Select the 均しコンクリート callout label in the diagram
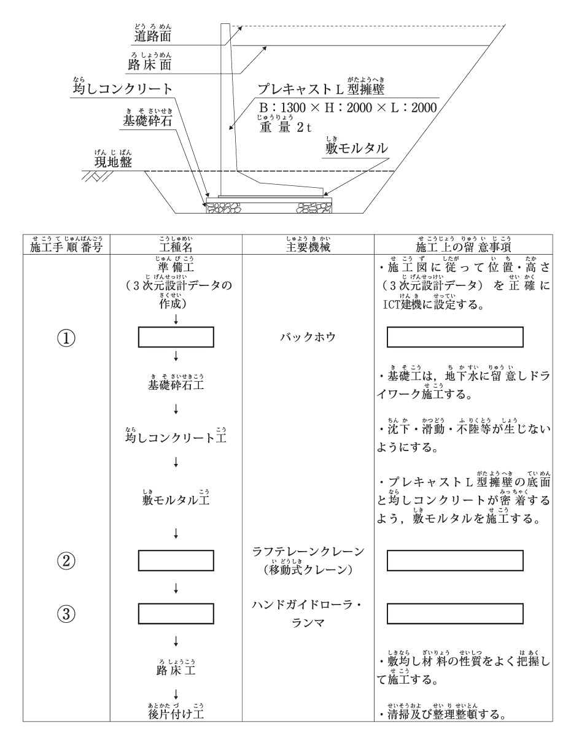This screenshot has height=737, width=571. [x=122, y=90]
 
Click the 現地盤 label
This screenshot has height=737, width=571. [x=109, y=162]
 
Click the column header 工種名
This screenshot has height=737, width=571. [x=176, y=248]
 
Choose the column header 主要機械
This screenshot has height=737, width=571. [x=305, y=248]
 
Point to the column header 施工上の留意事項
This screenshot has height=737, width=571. [x=455, y=248]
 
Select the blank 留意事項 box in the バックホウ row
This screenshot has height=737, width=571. [x=455, y=338]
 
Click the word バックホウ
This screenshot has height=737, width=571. [x=305, y=338]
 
